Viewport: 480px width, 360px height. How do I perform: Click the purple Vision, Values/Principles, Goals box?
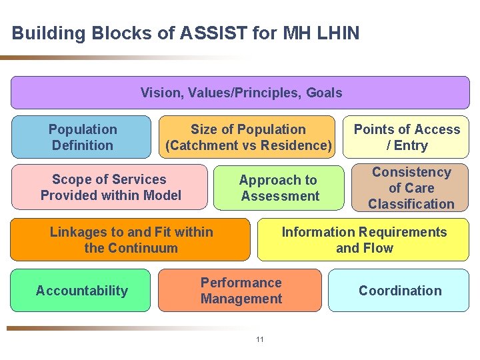coord(240,93)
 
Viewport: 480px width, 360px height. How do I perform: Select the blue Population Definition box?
coord(81,137)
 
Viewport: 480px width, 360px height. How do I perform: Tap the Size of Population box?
coord(247,137)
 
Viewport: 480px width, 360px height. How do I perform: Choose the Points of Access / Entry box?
coord(406,137)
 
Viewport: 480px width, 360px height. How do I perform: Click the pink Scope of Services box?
coord(110,187)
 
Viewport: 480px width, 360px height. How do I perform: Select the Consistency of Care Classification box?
coord(411,188)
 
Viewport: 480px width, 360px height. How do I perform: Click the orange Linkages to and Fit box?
coord(131,240)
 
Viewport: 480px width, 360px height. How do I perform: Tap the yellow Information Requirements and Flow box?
coord(363,240)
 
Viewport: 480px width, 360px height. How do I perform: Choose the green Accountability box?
coord(81,291)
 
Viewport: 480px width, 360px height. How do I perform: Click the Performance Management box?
coord(241,291)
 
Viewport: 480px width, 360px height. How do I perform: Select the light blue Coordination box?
coord(399,291)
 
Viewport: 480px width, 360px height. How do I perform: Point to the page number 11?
coord(260,340)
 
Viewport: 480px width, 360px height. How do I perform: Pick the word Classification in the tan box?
coord(411,204)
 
